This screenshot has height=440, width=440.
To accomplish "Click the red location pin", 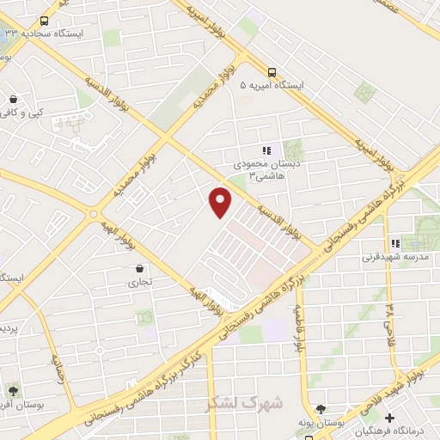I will [221, 201].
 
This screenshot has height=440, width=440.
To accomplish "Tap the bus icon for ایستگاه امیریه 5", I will [272, 71].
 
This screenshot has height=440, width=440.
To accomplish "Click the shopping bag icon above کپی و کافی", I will [13, 99].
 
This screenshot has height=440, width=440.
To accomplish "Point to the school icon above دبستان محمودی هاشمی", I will [266, 150].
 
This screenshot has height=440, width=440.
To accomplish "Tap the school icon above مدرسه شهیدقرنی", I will [395, 243].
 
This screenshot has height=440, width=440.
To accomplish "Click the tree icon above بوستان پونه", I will [321, 409].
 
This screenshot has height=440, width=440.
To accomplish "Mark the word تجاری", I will [140, 280].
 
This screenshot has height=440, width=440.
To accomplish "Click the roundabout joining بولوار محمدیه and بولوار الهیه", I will [94, 213].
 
